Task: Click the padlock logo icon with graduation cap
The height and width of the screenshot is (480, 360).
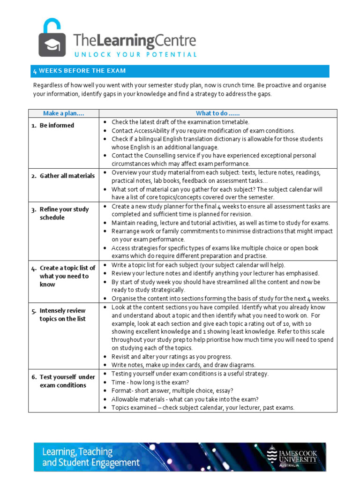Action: click(52, 38)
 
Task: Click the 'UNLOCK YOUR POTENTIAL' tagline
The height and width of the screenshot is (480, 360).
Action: click(135, 54)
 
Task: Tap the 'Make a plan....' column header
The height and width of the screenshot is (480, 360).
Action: click(63, 113)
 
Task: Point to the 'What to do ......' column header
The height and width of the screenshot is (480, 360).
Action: click(217, 113)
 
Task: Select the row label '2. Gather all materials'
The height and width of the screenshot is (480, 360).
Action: click(63, 176)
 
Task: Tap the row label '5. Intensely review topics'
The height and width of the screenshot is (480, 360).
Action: click(62, 315)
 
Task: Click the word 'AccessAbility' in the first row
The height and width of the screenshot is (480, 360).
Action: click(156, 130)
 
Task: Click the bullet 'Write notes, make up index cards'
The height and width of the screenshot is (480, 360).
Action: click(183, 365)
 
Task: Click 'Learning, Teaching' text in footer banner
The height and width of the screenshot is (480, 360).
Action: click(77, 452)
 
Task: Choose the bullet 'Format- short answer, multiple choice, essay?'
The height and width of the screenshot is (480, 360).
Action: click(172, 390)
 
